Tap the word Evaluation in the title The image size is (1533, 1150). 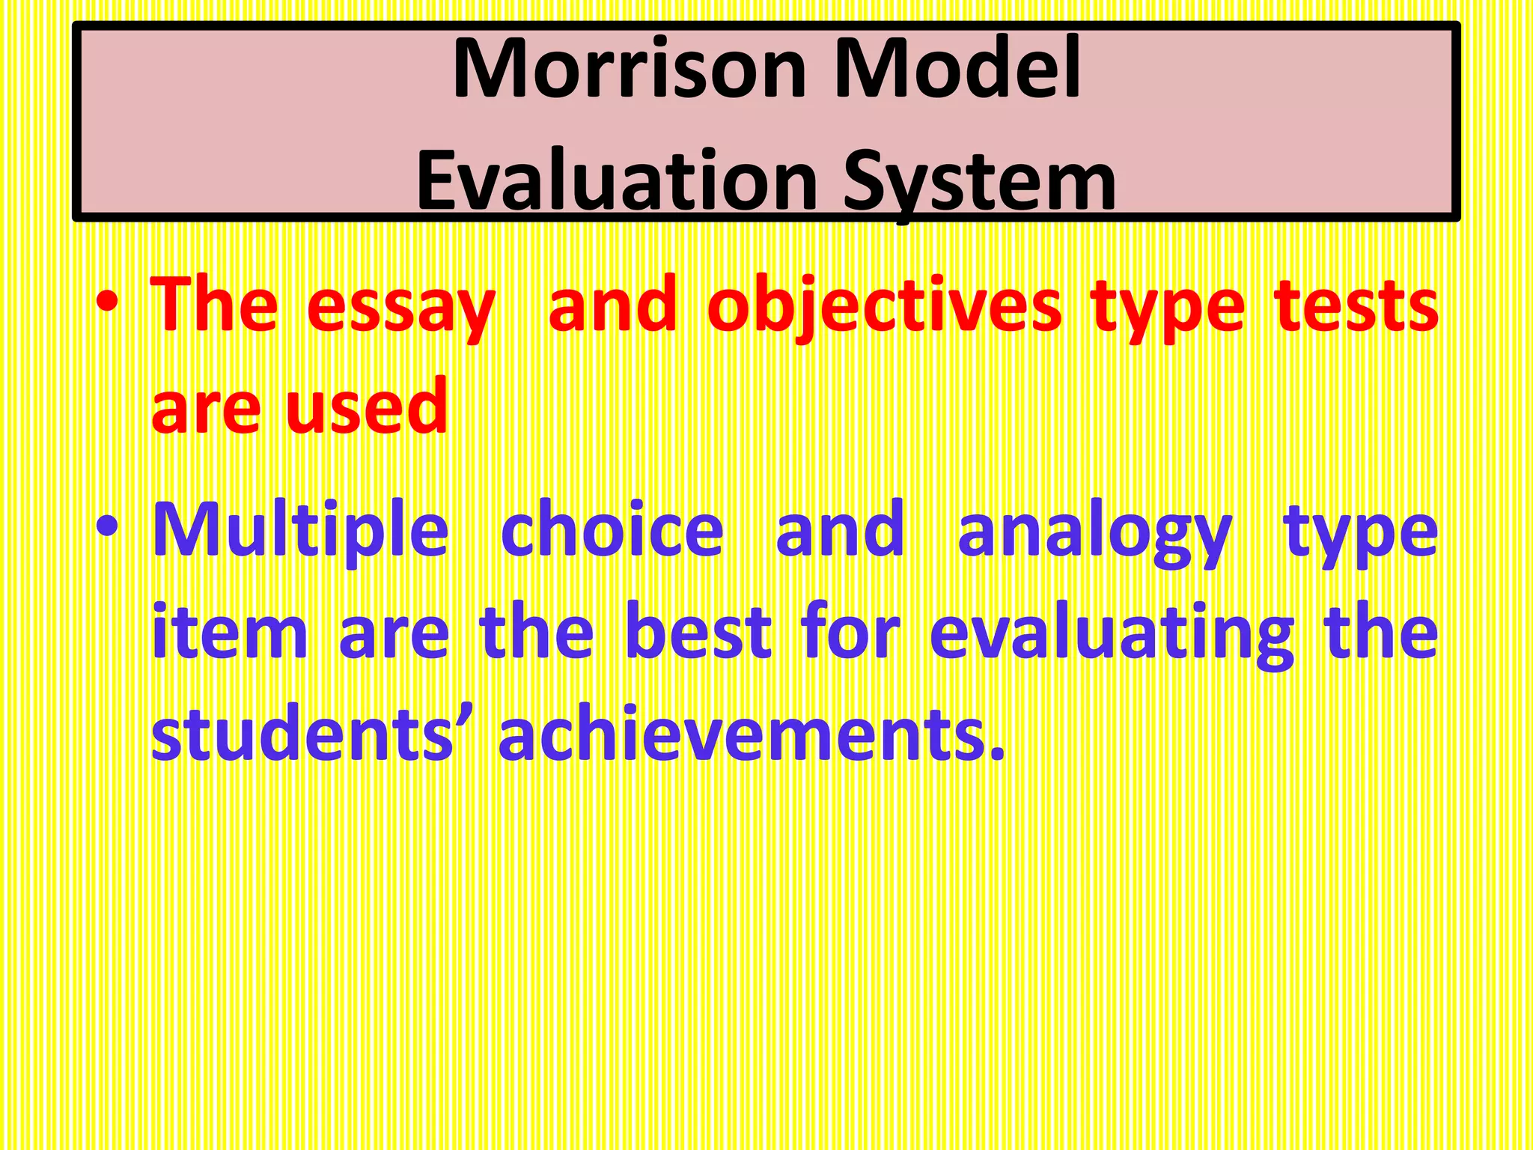(x=617, y=181)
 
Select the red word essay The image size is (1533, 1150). (x=400, y=307)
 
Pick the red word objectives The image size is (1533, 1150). (x=884, y=307)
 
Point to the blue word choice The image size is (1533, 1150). (x=612, y=530)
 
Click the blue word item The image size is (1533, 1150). (x=229, y=633)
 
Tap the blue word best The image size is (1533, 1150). (x=698, y=633)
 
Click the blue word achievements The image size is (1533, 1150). (x=751, y=734)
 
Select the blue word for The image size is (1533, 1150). (x=850, y=633)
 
